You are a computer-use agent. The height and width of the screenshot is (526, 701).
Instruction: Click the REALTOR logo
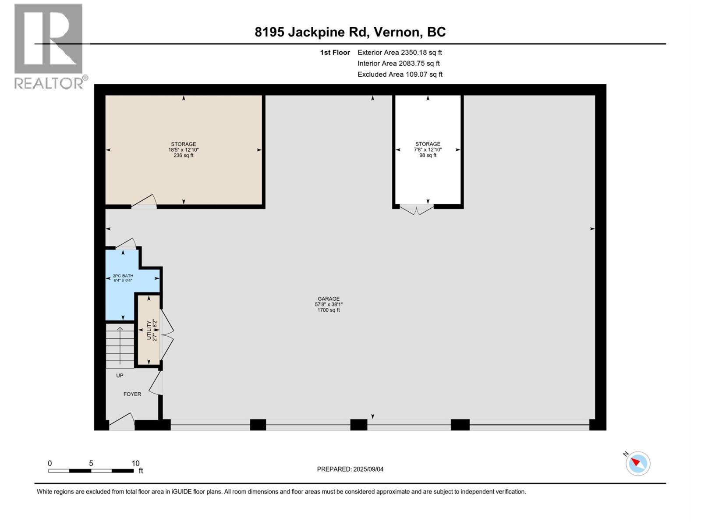coord(49,46)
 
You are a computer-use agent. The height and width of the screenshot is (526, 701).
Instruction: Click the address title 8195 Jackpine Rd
coord(350,32)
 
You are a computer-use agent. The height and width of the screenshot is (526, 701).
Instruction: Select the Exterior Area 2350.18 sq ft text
coord(399,53)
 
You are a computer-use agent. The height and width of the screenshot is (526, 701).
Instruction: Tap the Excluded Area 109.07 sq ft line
coord(400,75)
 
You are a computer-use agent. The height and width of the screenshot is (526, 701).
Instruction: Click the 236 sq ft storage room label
coord(183,149)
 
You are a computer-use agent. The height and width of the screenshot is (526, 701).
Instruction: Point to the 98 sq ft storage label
coord(428,149)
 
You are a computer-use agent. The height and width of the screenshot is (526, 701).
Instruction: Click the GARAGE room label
coord(329,304)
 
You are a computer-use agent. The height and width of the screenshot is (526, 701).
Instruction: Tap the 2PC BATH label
coord(123,278)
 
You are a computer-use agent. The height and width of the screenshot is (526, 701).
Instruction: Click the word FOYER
coord(132,394)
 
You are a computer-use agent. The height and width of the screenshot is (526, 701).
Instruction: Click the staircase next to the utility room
coord(120,345)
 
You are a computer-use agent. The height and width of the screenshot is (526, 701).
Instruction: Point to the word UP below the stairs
coord(120,376)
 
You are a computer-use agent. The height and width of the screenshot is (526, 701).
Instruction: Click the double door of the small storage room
coord(417,210)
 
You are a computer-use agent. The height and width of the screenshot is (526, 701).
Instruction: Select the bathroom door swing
coord(126,243)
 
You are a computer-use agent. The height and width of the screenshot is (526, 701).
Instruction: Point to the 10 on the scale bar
coord(135,463)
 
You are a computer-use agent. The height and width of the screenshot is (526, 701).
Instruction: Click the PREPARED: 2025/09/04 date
coord(350,469)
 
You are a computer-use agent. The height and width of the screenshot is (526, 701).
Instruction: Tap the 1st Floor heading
coord(335,53)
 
